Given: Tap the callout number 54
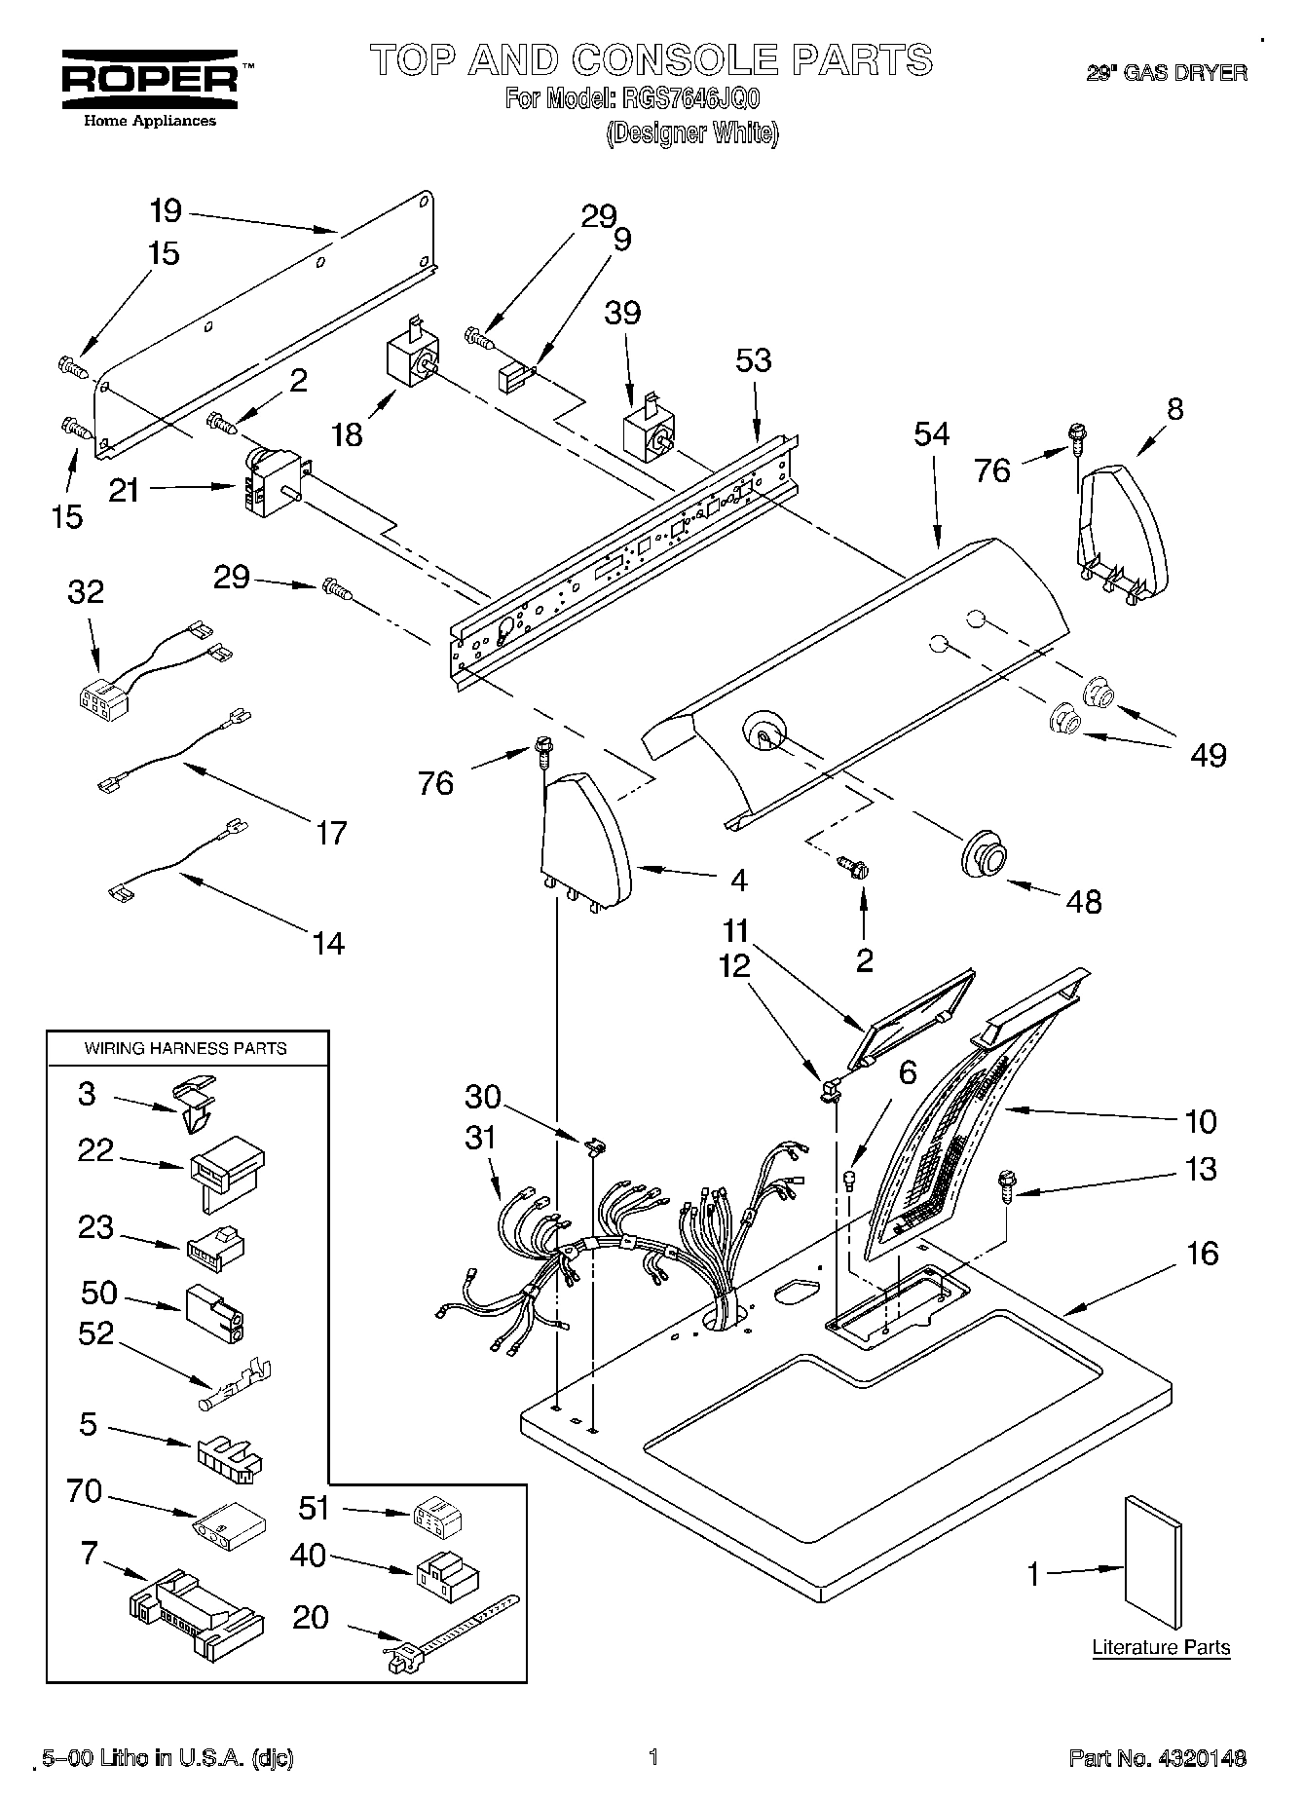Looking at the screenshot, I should pyautogui.click(x=931, y=433).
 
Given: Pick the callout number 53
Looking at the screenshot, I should pyautogui.click(x=754, y=360).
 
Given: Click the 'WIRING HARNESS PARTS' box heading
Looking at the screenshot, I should pyautogui.click(x=185, y=1048).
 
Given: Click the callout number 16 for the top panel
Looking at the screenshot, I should pyautogui.click(x=1203, y=1253).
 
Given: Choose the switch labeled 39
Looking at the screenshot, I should pyautogui.click(x=648, y=437).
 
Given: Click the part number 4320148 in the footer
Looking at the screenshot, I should pyautogui.click(x=1201, y=1758).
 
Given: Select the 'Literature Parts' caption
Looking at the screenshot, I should pyautogui.click(x=1161, y=1648).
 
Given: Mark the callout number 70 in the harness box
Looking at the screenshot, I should pyautogui.click(x=85, y=1490).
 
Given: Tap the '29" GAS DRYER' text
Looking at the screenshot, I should pyautogui.click(x=1167, y=73).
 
